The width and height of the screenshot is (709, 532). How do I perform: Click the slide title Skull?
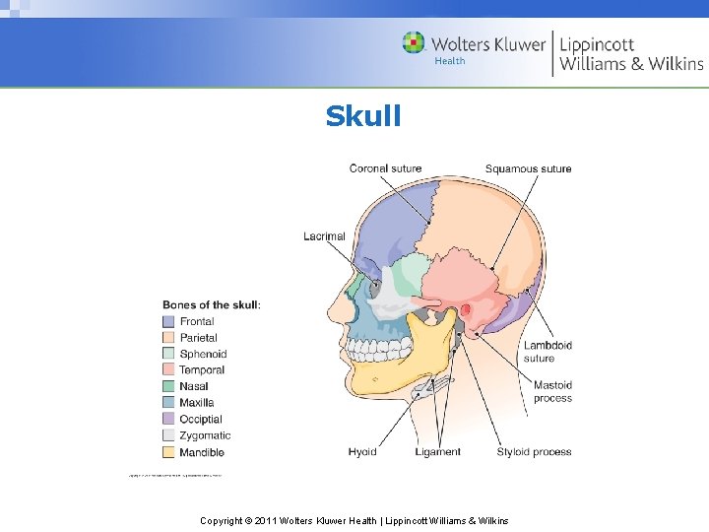coord(363,116)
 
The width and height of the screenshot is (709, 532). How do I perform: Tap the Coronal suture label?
coord(385,168)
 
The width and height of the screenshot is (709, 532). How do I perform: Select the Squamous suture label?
coord(528,168)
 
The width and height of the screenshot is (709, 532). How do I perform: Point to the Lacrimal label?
coord(324,236)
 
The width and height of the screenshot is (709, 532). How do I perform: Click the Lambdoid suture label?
coord(548,352)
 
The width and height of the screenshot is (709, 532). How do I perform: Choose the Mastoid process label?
coord(552,392)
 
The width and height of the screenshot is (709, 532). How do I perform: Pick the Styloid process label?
coord(534,452)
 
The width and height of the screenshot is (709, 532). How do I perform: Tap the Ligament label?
coord(437,452)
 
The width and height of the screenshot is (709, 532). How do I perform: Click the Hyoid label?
coord(362,452)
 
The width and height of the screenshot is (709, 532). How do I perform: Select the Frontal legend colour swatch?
coord(168,321)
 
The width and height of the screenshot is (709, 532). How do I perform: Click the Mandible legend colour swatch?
coord(168,452)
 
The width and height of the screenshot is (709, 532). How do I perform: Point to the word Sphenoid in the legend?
coord(203,354)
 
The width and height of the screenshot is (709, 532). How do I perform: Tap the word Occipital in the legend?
coord(202,419)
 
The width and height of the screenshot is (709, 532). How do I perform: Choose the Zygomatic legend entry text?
coord(205,435)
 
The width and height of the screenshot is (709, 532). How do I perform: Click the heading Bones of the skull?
coord(212,305)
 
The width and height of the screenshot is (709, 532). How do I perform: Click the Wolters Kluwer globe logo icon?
coord(414,43)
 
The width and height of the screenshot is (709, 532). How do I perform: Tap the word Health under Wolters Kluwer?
coord(450,61)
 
